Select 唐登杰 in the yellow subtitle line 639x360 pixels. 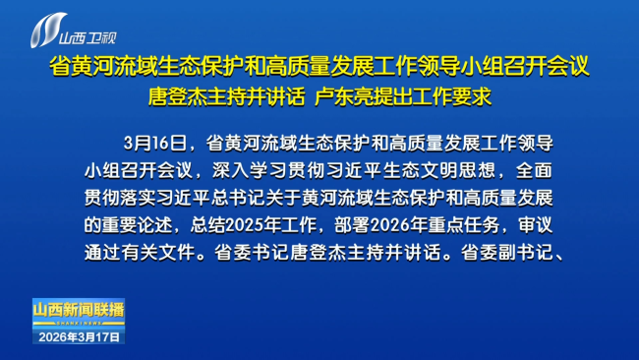click(x=171, y=97)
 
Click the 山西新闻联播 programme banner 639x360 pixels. click(x=79, y=310)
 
